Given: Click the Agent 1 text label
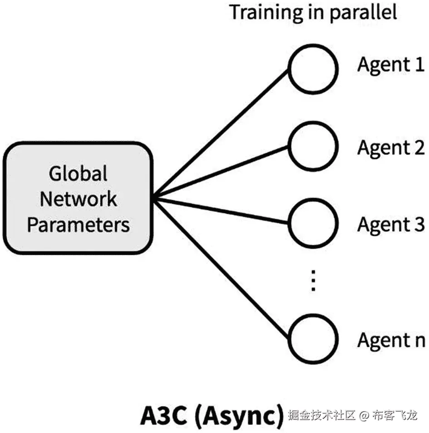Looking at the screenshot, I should (x=390, y=65).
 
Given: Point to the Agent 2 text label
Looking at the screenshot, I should (x=390, y=148).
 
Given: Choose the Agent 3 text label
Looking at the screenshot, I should (x=390, y=224).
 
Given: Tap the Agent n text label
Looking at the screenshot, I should (x=390, y=340).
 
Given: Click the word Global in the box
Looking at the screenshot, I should (x=78, y=174).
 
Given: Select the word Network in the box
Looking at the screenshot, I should (x=78, y=199).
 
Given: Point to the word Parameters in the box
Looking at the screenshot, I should (x=78, y=224).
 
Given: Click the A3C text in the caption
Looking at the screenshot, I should (x=164, y=416).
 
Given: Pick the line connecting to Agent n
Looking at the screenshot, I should (x=222, y=268).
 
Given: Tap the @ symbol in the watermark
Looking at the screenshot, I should (x=364, y=415).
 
